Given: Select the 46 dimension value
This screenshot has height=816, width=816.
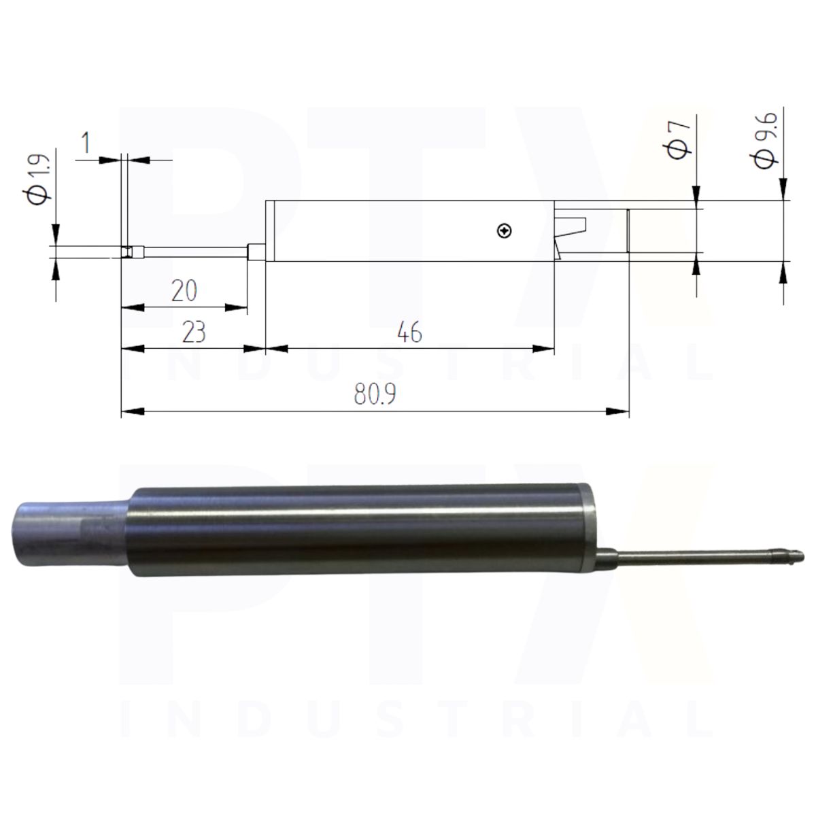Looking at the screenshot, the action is (409, 333).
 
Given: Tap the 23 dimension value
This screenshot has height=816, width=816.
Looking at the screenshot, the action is (194, 333).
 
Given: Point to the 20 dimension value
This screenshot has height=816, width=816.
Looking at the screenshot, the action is (184, 291).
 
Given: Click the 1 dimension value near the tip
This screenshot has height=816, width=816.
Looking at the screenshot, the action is (86, 142).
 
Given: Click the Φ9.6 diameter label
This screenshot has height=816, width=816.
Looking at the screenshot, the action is (764, 140).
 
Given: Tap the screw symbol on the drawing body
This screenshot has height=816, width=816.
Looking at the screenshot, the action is (504, 231).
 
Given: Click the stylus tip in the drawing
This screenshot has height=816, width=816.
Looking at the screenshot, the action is (126, 252).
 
